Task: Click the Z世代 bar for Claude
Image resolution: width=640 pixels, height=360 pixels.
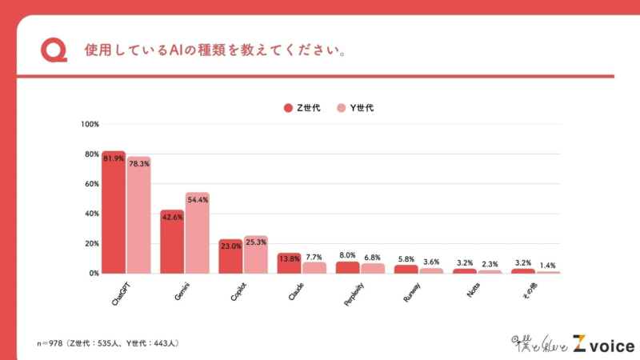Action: [289, 264]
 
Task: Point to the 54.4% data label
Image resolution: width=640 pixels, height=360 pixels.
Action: [197, 200]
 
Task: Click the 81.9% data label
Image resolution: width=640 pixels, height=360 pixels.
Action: [114, 158]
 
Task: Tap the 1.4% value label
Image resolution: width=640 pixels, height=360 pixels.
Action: [548, 265]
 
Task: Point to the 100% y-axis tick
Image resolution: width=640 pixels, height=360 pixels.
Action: [90, 124]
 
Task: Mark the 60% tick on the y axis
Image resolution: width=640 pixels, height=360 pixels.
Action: [91, 184]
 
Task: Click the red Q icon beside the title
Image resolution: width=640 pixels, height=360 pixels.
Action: [54, 50]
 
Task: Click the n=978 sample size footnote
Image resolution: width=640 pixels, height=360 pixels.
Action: [107, 343]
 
